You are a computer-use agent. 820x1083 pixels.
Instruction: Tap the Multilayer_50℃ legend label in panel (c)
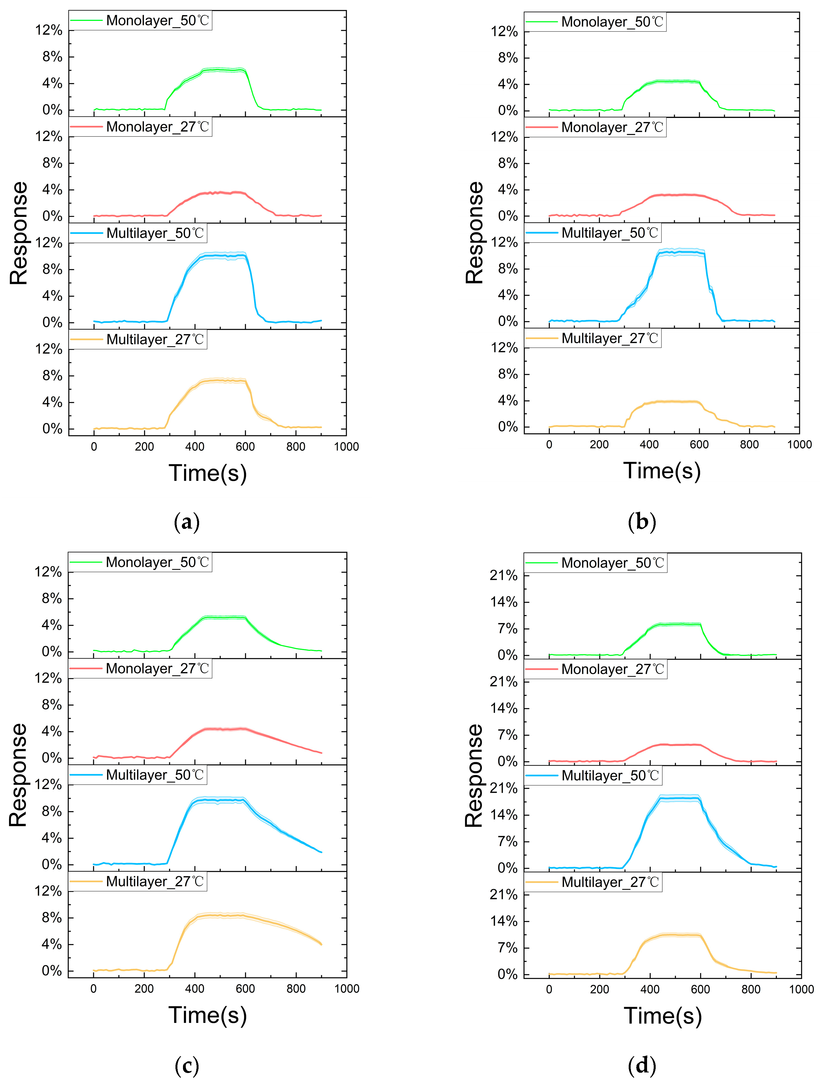pos(155,775)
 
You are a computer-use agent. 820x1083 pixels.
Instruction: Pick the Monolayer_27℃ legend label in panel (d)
pos(613,669)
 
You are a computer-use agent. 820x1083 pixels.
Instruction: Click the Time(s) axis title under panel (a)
pos(207,474)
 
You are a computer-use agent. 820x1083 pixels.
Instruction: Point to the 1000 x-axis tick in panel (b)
pos(799,445)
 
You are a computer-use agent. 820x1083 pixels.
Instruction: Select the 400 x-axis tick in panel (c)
pos(194,988)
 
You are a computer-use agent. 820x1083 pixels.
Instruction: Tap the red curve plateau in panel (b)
pos(676,195)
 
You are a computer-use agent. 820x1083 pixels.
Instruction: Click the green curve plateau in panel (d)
pos(676,624)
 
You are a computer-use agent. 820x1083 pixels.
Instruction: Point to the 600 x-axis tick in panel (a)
pos(245,447)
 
